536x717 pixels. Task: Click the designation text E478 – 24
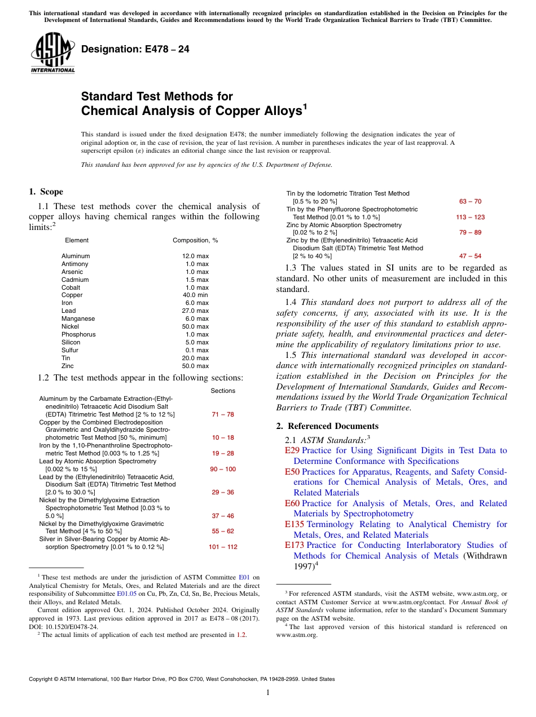click(135, 50)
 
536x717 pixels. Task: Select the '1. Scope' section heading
click(46, 192)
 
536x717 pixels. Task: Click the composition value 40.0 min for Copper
click(195, 295)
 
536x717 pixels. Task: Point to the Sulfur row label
click(70, 350)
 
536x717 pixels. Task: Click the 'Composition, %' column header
click(195, 240)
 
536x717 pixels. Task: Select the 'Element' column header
click(77, 240)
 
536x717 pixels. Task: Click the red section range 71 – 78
click(223, 414)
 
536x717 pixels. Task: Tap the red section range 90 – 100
click(223, 469)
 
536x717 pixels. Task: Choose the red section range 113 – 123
click(470, 217)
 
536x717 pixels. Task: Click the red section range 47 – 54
click(470, 256)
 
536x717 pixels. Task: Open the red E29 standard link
click(292, 450)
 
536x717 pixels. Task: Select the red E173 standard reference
click(295, 545)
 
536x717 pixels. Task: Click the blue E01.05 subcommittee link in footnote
click(126, 594)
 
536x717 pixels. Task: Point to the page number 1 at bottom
click(268, 693)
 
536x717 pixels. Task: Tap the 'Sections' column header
click(223, 391)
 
